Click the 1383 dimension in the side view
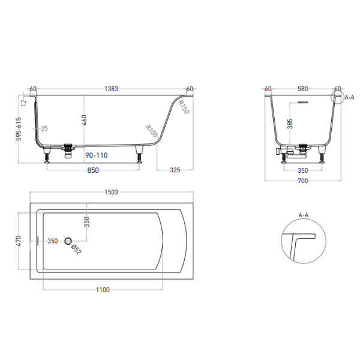[112, 89]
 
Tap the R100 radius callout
[151, 131]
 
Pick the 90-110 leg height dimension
[96, 155]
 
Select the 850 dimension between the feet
[93, 170]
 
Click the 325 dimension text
[175, 170]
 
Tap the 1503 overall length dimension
[111, 192]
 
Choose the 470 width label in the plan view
[19, 241]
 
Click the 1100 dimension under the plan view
[103, 290]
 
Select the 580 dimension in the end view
[303, 89]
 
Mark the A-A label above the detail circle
[303, 215]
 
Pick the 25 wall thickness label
[44, 128]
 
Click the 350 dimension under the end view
[303, 170]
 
